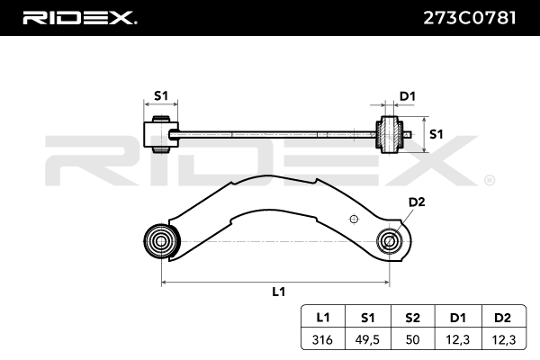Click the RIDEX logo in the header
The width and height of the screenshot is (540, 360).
[79, 17]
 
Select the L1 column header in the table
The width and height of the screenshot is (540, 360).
[323, 317]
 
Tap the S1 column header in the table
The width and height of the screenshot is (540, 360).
[368, 317]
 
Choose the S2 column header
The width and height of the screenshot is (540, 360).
[412, 317]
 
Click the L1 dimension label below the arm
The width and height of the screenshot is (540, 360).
[278, 291]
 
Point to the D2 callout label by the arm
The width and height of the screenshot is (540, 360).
[416, 202]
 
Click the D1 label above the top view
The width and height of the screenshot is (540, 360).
[407, 95]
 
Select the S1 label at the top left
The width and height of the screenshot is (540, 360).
[162, 95]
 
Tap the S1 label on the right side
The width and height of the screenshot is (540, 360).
[436, 134]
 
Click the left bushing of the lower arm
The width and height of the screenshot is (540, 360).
[161, 240]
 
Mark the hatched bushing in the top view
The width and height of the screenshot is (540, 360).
[391, 135]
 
